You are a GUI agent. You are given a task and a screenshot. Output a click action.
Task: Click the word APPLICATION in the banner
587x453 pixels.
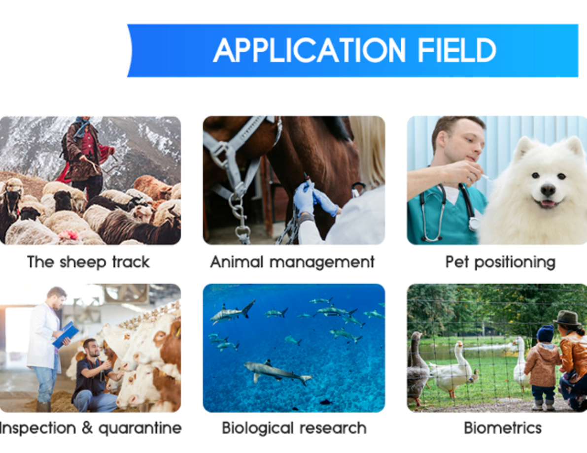click(310, 50)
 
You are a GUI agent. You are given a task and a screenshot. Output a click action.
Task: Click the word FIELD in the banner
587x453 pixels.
click(457, 50)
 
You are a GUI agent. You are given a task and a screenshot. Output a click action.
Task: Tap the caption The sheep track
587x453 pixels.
click(88, 262)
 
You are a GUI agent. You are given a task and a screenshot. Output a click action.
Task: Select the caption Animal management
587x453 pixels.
click(292, 262)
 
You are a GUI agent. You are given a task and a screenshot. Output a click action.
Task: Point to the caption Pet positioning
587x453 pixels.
click(500, 262)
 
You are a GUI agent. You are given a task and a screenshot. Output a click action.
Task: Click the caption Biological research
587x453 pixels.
click(294, 428)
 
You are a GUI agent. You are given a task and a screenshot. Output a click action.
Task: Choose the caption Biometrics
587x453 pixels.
click(503, 427)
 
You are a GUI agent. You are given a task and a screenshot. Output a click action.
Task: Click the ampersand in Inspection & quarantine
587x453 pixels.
click(87, 427)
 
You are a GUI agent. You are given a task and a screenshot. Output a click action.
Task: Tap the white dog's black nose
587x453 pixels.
click(548, 190)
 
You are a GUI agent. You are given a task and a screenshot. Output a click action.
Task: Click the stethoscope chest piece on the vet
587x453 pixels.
click(474, 224)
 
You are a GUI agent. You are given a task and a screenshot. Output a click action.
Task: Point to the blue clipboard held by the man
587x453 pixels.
click(66, 334)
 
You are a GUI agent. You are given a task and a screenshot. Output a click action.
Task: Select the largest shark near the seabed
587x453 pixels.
click(277, 372)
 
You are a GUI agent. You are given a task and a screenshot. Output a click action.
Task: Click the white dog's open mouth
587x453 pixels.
click(548, 203)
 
